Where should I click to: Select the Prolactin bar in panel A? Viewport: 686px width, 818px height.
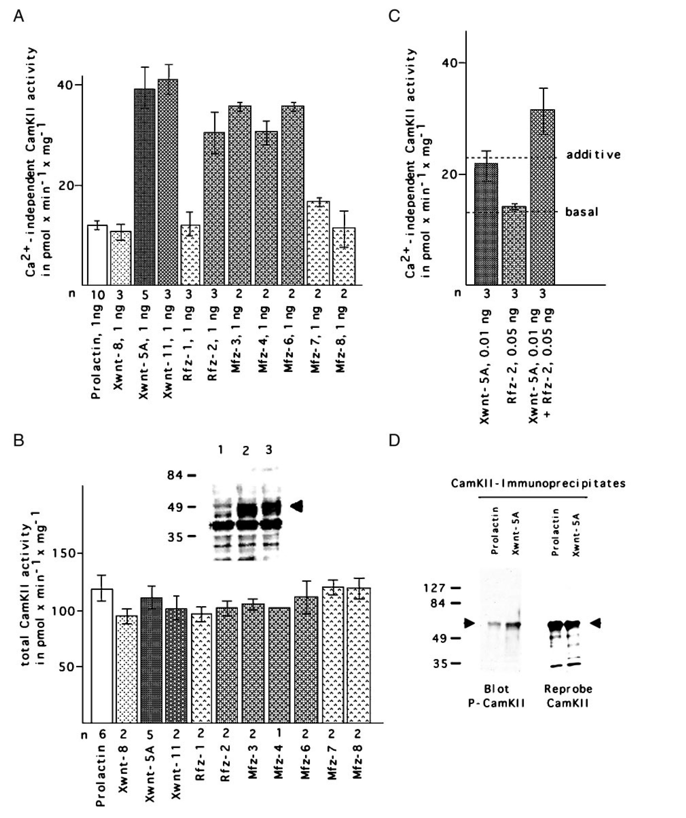pos(97,255)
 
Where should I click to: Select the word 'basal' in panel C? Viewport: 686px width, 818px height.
pos(582,212)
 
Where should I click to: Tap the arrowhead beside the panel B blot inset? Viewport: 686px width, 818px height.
pos(297,507)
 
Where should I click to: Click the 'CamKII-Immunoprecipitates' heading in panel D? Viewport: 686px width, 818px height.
pos(538,484)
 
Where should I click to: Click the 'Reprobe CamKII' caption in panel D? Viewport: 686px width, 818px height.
pos(568,695)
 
